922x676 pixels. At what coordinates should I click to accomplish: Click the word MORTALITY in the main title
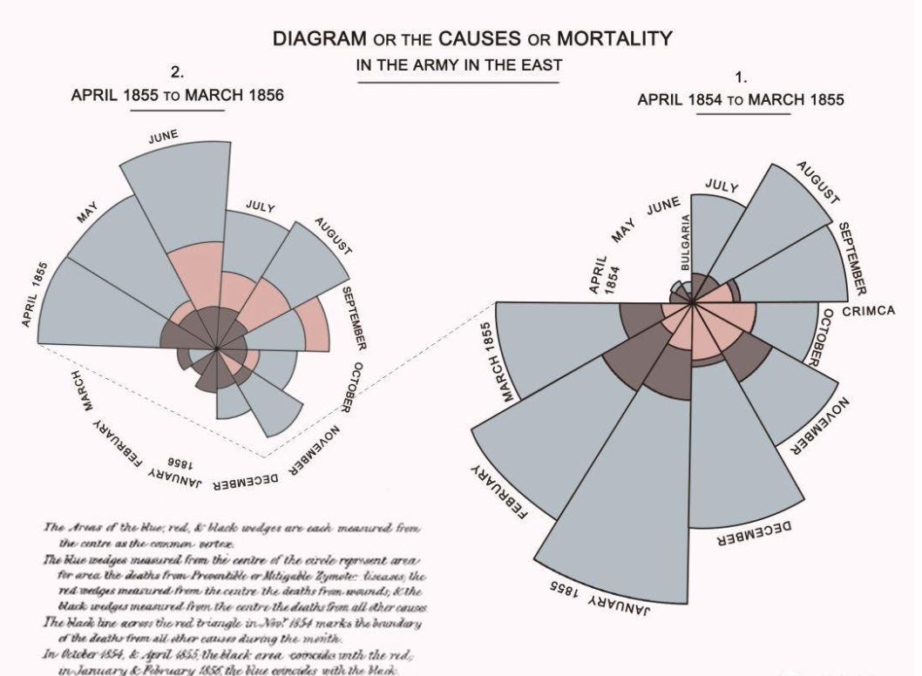pyautogui.click(x=614, y=39)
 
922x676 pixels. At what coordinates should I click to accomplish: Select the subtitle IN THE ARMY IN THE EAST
pyautogui.click(x=459, y=65)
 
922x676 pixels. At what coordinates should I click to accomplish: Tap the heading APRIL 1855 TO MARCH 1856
pyautogui.click(x=177, y=95)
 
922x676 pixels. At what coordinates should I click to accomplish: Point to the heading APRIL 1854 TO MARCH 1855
pyautogui.click(x=741, y=99)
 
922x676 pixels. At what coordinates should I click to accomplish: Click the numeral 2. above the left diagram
pyautogui.click(x=177, y=72)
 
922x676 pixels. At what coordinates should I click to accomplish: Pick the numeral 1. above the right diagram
pyautogui.click(x=742, y=78)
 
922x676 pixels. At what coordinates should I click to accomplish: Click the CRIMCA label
pyautogui.click(x=869, y=311)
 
